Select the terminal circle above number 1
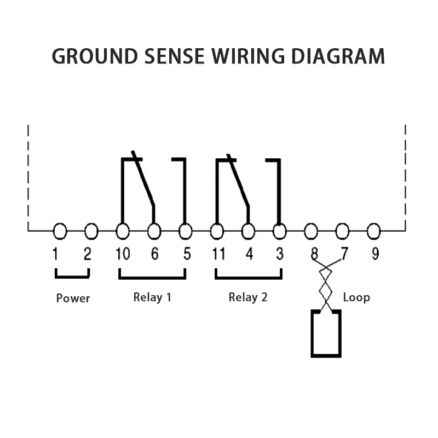pos(60,232)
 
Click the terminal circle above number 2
pos(91,232)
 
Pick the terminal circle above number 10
pos(123,232)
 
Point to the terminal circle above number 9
pos(373,232)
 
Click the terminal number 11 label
pos(218,255)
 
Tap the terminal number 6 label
pos(154,255)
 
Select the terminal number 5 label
pos(187,255)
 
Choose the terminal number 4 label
pos(249,255)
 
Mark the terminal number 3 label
pos(280,255)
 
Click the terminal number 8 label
pos(314,255)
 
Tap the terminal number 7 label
pos(344,255)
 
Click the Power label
pos(73,298)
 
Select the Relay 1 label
pos(152,297)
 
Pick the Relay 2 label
pos(248,297)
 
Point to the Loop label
pos(356,297)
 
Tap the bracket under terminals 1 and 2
pos(72,276)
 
